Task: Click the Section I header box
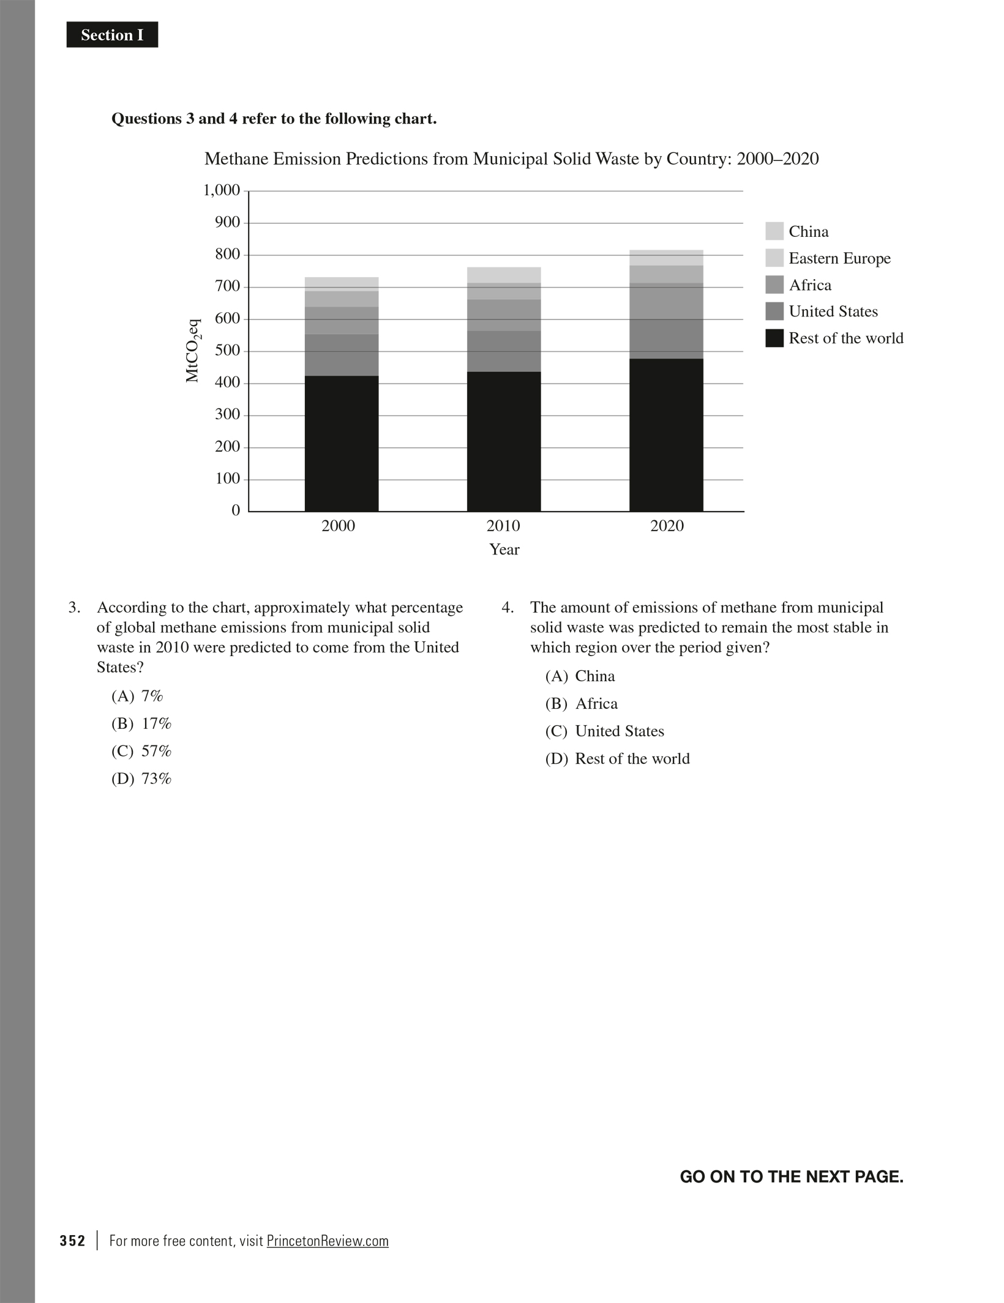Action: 112,35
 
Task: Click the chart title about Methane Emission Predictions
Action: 511,159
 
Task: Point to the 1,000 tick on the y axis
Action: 222,190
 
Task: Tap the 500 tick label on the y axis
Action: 228,351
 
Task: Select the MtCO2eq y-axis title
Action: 193,351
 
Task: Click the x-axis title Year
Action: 504,550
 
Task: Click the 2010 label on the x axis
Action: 503,526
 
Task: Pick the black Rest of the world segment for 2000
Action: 342,443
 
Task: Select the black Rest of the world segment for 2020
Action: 666,435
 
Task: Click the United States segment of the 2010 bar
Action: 504,351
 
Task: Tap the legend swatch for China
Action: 774,231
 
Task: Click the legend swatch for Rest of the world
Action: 774,338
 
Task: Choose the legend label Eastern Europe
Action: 839,258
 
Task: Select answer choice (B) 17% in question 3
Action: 141,723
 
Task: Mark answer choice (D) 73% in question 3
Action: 141,778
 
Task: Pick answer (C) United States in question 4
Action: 605,731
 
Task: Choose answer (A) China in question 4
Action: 580,676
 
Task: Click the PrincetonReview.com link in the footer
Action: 328,1241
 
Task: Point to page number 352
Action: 72,1241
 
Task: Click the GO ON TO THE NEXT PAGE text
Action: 792,1176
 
